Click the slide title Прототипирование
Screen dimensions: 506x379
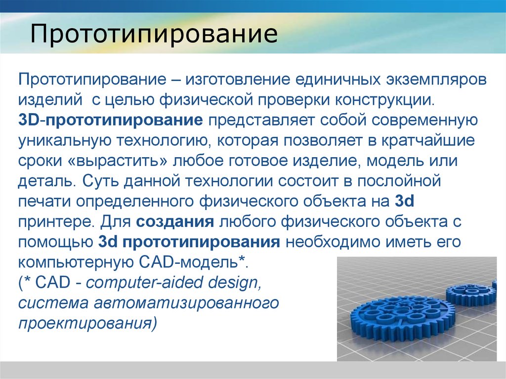click(x=154, y=33)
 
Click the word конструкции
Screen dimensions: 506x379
click(x=384, y=100)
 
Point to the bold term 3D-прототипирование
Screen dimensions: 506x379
click(x=111, y=121)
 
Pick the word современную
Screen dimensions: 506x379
click(x=424, y=121)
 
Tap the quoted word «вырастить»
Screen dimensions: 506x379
click(x=118, y=161)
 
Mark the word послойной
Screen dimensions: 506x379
click(x=399, y=181)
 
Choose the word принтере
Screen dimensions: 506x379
click(x=56, y=222)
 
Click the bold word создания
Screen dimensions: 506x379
click(x=175, y=222)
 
